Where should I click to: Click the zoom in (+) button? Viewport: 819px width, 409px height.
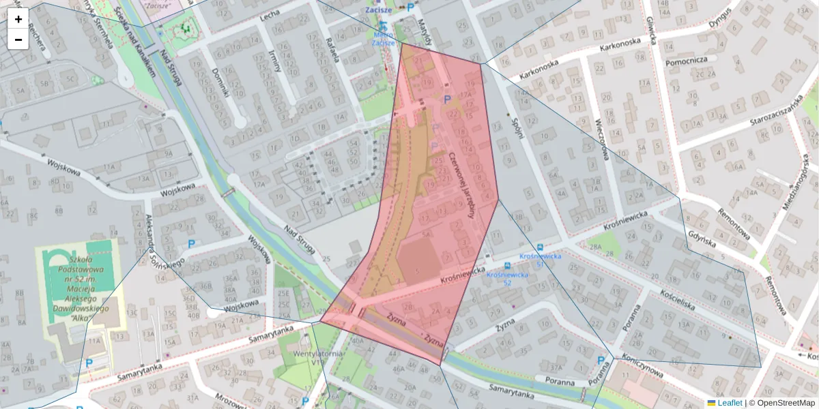tap(18, 18)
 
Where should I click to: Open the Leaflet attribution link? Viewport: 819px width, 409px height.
tap(729, 403)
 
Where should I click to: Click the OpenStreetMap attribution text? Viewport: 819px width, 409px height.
tap(786, 403)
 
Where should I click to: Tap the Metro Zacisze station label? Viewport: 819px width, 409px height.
tap(383, 37)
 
